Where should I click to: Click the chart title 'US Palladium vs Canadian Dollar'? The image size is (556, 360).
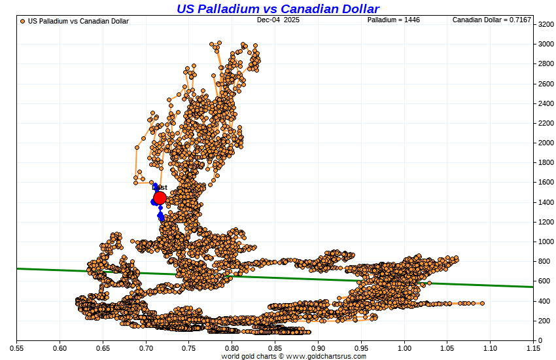tap(278, 9)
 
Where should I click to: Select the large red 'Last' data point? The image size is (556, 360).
tap(160, 198)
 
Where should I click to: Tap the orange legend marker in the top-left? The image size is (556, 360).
tap(23, 21)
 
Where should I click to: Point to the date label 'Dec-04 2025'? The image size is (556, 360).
tap(278, 20)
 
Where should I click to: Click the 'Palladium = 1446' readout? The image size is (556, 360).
tap(393, 20)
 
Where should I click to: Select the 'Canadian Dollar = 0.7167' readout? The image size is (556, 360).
tap(492, 20)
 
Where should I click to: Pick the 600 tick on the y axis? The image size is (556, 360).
tap(545, 281)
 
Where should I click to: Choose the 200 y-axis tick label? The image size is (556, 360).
tap(545, 321)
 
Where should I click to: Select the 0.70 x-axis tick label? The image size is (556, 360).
tap(146, 348)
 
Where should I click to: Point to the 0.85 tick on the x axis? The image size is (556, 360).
tap(275, 348)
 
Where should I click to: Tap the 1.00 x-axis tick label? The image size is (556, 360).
tap(404, 348)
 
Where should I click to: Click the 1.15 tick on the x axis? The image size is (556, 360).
tap(533, 348)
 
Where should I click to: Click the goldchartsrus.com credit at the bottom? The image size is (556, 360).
tap(294, 356)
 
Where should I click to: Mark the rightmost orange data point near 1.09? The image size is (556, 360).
tap(482, 303)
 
